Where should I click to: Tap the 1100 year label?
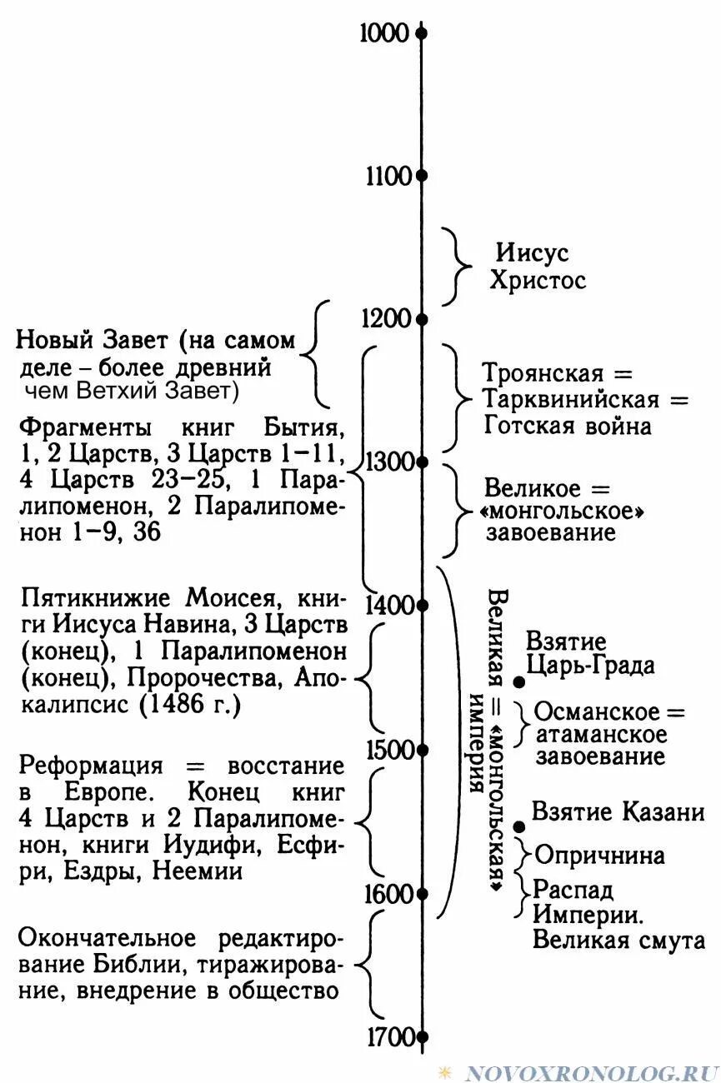[x=388, y=176]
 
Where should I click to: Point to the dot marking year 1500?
[x=422, y=750]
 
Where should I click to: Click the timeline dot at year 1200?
[x=422, y=319]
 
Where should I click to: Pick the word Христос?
[x=538, y=280]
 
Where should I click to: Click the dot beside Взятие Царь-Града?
[x=518, y=682]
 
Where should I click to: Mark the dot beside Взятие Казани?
[x=519, y=826]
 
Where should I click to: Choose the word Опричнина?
[x=599, y=856]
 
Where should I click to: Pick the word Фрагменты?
[x=85, y=428]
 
